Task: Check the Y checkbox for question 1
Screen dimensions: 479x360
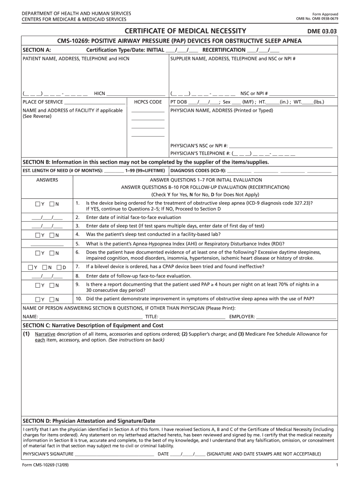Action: coord(37,204)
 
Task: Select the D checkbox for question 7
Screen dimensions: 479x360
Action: coord(59,268)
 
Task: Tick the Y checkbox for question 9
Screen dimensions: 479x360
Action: coord(37,285)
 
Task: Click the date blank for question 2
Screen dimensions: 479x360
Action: coord(47,218)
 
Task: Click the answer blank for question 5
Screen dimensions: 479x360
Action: coord(47,244)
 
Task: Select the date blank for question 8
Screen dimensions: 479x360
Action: coord(47,276)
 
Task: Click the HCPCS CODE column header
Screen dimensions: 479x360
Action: coord(148,102)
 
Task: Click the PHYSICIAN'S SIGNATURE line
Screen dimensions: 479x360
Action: coord(115,454)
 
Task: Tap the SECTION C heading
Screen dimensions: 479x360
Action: coord(93,325)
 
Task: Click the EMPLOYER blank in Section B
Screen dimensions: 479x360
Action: coord(296,317)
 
